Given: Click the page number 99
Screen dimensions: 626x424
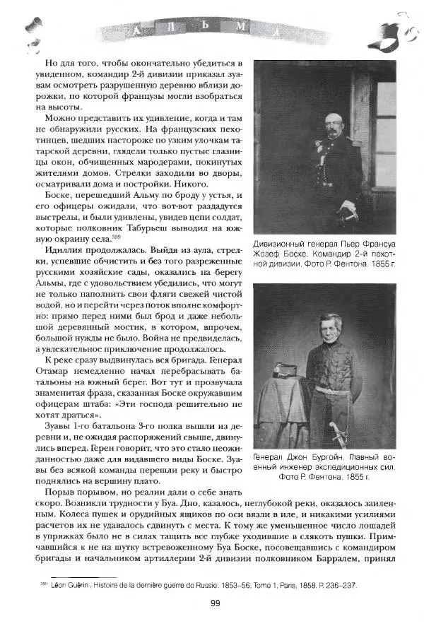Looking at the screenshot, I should click(x=213, y=603).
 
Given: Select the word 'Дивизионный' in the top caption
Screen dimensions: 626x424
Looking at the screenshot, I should click(x=283, y=245).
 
